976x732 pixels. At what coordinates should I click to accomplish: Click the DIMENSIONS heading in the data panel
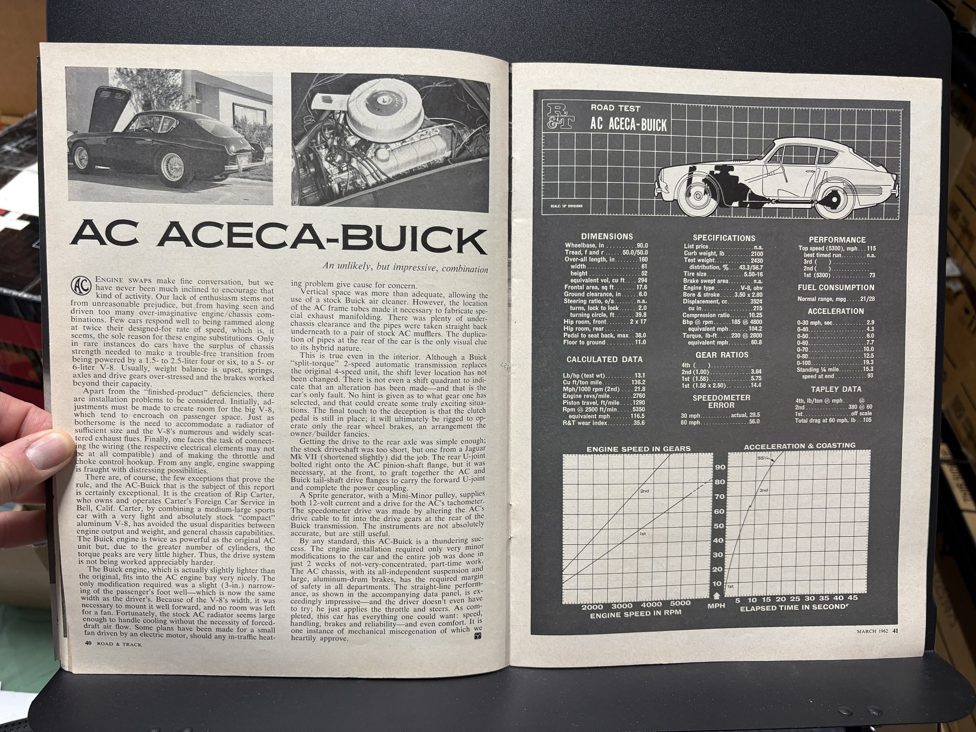click(607, 236)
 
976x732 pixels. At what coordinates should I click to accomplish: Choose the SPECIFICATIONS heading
click(723, 238)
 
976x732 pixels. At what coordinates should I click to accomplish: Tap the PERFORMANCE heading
click(837, 240)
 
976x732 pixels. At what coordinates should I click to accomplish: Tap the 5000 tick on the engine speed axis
click(684, 603)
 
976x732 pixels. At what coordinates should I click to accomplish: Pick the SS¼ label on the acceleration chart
click(763, 458)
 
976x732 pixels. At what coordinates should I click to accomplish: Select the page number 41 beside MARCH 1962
click(895, 632)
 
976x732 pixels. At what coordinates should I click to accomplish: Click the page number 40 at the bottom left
click(75, 644)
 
